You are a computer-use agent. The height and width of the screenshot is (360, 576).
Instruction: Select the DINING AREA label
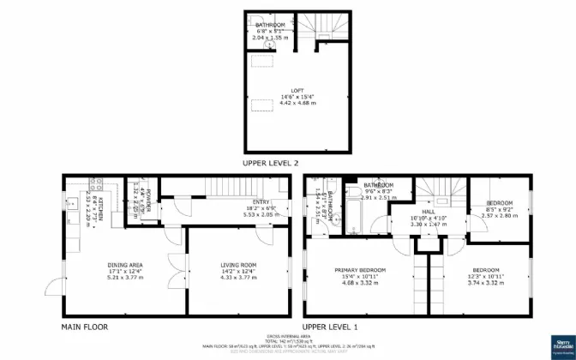124,265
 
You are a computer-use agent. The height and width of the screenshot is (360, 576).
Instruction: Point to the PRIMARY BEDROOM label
359,270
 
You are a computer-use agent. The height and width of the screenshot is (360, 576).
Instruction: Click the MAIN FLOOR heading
84,327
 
